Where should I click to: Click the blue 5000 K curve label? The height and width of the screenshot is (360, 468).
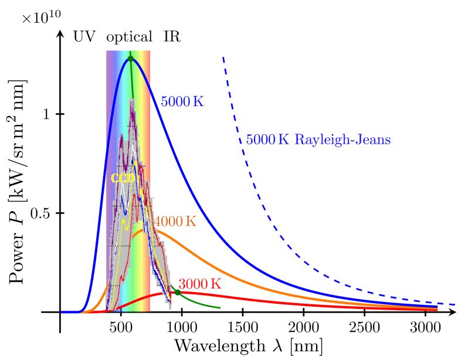coord(182,101)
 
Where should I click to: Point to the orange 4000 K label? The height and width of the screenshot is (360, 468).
coord(175,222)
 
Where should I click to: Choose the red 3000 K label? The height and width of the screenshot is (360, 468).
coord(200,284)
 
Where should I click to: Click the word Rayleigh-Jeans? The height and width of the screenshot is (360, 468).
coord(342,140)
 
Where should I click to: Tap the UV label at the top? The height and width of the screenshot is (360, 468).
coord(84,37)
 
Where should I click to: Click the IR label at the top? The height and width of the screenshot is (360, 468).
coord(172,37)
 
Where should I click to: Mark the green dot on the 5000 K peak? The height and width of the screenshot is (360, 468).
coord(131,58)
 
